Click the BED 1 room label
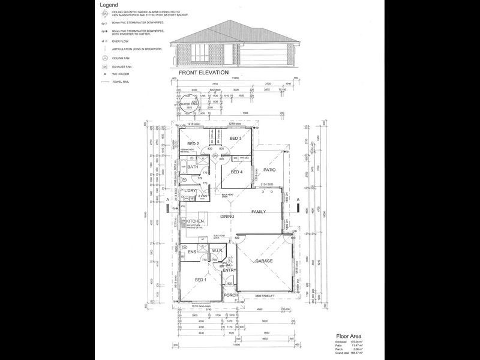point(200,280)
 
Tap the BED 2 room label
point(193,144)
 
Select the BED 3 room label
point(235,139)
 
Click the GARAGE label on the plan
point(264,262)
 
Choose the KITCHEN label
point(196,221)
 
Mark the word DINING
point(227,216)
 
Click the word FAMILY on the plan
point(259,212)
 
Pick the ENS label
point(192,252)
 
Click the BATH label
point(193,167)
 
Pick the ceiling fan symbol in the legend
point(105,58)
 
